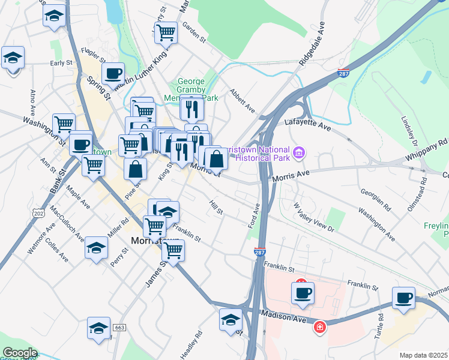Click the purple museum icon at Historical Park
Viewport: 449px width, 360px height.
299,154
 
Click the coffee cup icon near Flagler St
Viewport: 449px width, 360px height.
113,74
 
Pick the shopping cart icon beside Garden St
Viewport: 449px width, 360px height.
166,32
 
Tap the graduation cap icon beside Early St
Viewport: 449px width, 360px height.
13,58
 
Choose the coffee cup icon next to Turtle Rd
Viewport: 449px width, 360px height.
404,298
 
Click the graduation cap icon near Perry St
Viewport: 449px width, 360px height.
96,248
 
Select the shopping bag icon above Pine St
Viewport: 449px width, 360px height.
136,169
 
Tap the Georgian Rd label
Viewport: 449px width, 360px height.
376,200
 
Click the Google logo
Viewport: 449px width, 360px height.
19,353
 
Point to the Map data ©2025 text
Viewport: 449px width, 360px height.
423,355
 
